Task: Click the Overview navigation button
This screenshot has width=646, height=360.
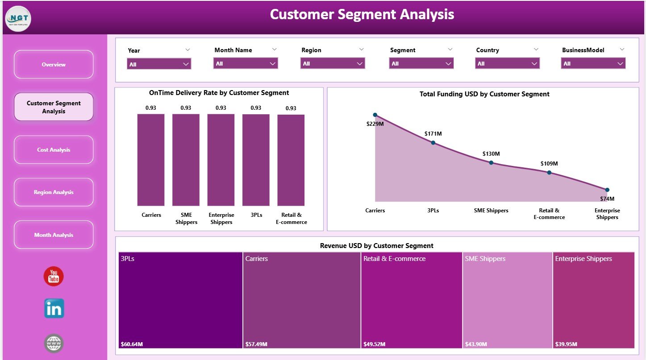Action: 54,65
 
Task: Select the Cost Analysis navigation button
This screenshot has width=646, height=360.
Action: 54,150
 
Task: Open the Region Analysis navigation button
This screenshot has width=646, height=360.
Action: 54,192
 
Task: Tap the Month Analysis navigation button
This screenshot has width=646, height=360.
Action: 54,235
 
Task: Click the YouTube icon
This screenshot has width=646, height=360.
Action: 54,276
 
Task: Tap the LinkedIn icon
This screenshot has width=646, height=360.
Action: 54,309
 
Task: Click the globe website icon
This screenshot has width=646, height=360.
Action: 54,343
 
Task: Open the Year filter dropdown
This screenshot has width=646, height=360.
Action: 159,64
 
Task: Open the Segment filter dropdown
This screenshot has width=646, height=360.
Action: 422,64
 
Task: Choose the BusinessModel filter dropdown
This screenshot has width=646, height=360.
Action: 593,64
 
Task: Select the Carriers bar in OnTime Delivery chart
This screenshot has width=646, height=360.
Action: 151,160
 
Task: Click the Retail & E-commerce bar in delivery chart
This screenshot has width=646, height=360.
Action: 291,160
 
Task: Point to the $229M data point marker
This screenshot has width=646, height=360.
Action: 375,115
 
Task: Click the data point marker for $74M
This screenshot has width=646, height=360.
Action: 607,190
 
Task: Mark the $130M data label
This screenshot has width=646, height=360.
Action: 491,154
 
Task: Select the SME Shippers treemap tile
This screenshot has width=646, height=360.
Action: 508,300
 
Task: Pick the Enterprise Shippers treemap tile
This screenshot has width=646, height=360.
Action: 593,300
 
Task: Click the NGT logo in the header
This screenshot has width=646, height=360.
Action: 18,18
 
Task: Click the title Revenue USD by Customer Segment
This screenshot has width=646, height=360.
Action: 376,246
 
